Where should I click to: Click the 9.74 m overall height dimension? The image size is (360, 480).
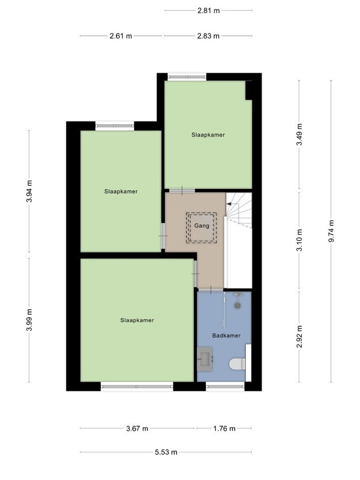[331, 231]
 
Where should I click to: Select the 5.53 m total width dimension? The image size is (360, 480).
[166, 452]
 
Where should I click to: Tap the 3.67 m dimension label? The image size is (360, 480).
[137, 428]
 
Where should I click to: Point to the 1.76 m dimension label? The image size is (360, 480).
[223, 428]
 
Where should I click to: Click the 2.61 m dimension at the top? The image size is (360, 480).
[121, 36]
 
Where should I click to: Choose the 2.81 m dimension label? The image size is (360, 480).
[209, 10]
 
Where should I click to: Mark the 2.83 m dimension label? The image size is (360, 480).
[208, 36]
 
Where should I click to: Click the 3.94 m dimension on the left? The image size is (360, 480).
[29, 192]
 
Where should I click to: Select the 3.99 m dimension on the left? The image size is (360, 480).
[29, 320]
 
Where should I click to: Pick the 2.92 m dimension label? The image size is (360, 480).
[299, 337]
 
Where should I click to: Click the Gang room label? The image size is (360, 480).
[201, 226]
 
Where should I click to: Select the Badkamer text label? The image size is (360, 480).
[226, 335]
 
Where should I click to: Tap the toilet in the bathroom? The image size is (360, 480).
[235, 364]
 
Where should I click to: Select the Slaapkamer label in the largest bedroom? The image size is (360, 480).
[137, 320]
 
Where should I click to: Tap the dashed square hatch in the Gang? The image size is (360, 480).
[201, 227]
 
